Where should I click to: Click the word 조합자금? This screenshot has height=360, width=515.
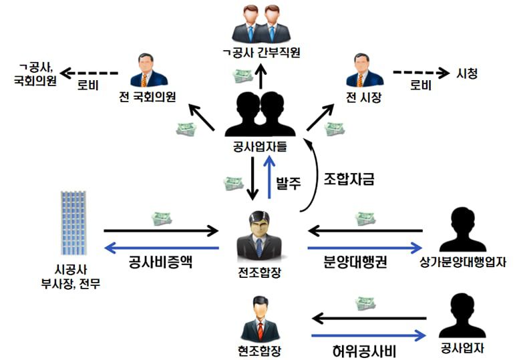pos(348,179)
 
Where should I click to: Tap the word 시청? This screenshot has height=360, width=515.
pos(467,73)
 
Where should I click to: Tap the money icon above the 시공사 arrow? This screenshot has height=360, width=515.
pos(162,218)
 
